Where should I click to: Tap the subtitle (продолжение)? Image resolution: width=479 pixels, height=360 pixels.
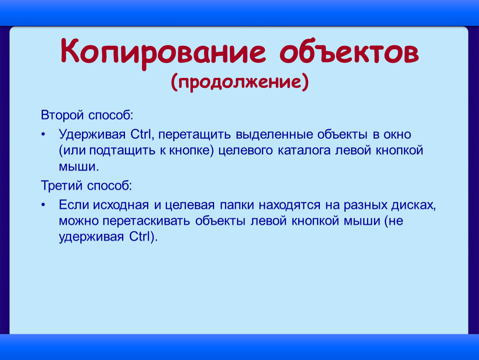point(239,81)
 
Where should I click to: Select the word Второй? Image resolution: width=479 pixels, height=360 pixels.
point(62,114)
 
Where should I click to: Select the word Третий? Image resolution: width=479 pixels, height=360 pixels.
point(62,185)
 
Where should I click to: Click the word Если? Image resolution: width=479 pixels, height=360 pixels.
point(73,206)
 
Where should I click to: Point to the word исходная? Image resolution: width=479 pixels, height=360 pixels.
point(121,206)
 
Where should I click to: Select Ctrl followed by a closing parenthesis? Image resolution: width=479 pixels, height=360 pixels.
point(144,237)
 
